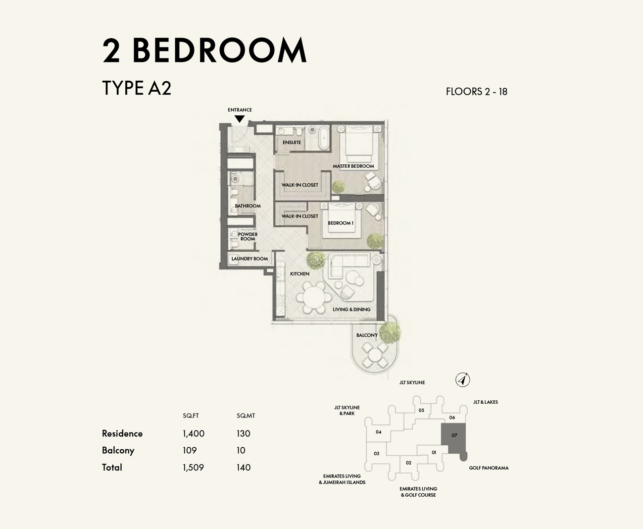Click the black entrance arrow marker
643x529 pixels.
tap(240, 119)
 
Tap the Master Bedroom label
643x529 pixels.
tap(353, 166)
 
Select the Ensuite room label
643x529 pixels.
tap(292, 143)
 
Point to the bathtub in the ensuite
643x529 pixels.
tap(324, 138)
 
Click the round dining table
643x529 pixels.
tap(314, 298)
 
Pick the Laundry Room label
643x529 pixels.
tap(249, 259)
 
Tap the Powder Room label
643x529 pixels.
tap(247, 237)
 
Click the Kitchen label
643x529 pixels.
tap(299, 274)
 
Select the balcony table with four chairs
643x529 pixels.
tap(375, 355)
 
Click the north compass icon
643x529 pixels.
tap(462, 380)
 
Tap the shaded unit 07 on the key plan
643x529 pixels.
tap(454, 436)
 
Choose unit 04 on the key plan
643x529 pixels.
tap(378, 432)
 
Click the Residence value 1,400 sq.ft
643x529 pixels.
tap(193, 433)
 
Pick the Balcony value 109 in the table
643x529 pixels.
tap(190, 450)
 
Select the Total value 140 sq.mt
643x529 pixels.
tap(244, 467)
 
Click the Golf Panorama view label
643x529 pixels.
tap(489, 468)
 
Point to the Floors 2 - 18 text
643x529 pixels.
tap(476, 92)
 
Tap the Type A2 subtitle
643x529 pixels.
tap(137, 88)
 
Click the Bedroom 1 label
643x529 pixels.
tap(341, 223)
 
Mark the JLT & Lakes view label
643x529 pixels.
tap(485, 402)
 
